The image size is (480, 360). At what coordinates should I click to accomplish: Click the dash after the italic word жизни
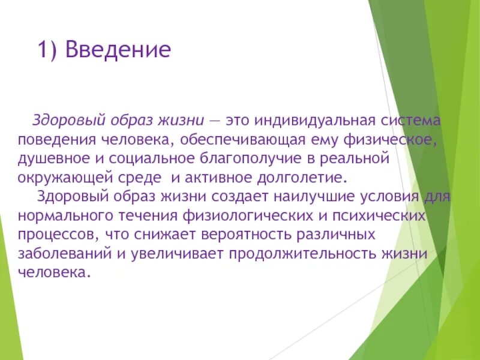214,121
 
